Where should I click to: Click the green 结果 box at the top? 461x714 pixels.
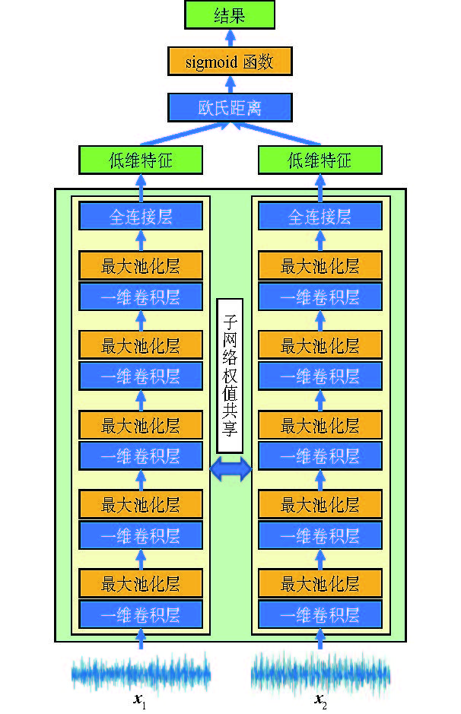230,15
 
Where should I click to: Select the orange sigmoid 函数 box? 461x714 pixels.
230,61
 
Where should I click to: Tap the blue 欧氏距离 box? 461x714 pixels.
230,107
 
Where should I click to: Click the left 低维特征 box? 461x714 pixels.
141,160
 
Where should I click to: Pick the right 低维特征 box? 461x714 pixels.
320,160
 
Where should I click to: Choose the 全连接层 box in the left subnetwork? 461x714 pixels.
141,217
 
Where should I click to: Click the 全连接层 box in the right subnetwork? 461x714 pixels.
320,217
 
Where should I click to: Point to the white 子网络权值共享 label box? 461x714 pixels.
230,376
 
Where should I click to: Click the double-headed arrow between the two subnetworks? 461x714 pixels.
230,469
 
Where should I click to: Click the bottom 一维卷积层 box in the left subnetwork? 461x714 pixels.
141,614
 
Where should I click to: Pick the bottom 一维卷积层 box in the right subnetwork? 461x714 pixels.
320,614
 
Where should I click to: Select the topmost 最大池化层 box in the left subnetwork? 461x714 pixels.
141,266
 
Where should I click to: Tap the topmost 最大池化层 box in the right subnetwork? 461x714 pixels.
320,266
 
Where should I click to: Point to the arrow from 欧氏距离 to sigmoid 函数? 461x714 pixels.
230,84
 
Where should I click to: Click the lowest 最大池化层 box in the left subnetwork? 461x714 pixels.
141,584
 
